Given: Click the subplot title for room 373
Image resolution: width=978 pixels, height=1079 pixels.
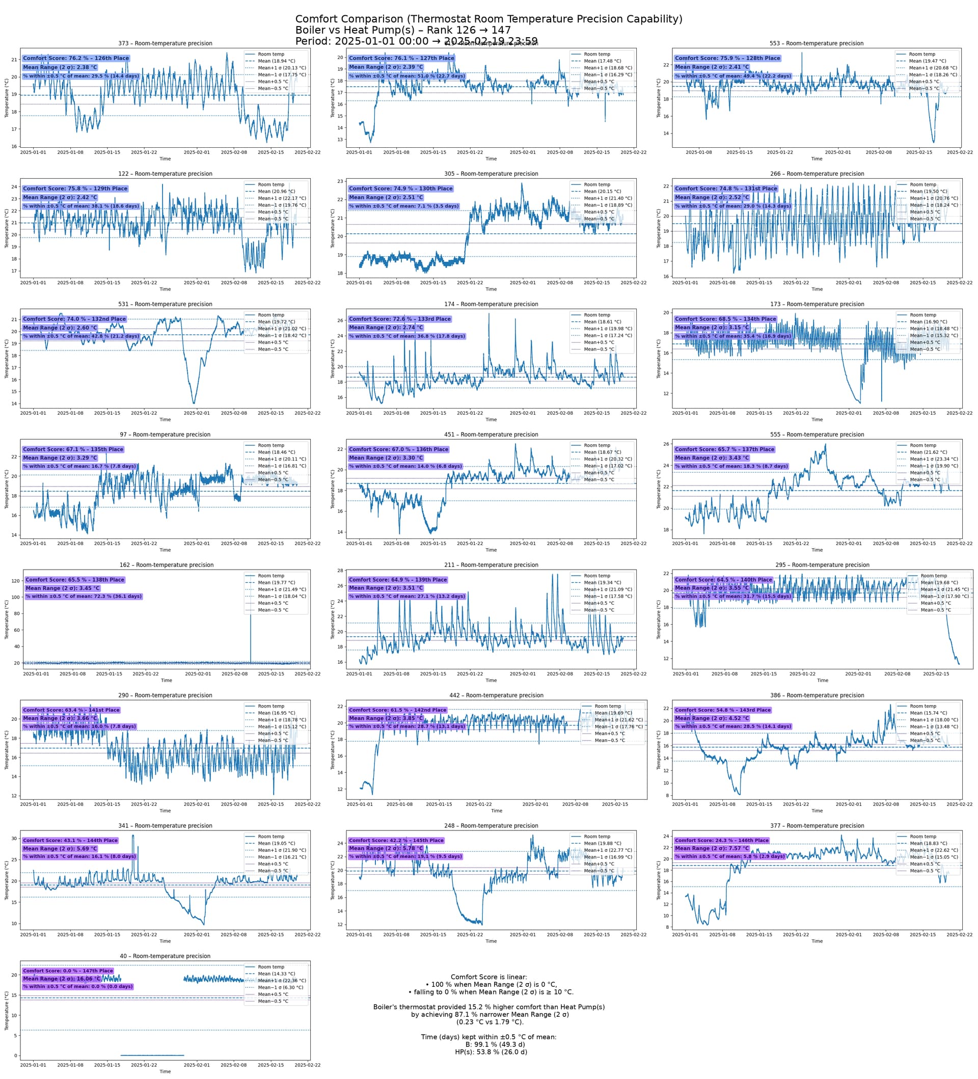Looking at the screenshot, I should (x=165, y=43).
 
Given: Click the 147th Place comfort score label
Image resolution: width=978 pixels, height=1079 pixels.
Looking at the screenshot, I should (x=67, y=971).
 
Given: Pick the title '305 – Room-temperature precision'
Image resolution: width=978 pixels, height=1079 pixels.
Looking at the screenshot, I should (x=491, y=174).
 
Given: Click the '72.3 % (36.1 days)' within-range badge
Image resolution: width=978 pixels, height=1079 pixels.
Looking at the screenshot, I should (x=84, y=596).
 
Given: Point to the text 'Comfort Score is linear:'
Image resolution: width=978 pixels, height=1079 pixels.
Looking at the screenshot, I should (x=488, y=977).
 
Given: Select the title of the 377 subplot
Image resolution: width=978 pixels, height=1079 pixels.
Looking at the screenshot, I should (x=817, y=826).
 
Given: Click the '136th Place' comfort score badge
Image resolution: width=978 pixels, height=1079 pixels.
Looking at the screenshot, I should (x=398, y=449).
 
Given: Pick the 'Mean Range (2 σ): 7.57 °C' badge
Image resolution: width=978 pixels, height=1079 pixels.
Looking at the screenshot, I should (x=712, y=848).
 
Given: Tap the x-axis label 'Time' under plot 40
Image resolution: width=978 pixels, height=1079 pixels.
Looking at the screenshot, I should (x=165, y=1071).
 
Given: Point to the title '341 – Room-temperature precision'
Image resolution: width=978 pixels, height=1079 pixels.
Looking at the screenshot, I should (x=165, y=826).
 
